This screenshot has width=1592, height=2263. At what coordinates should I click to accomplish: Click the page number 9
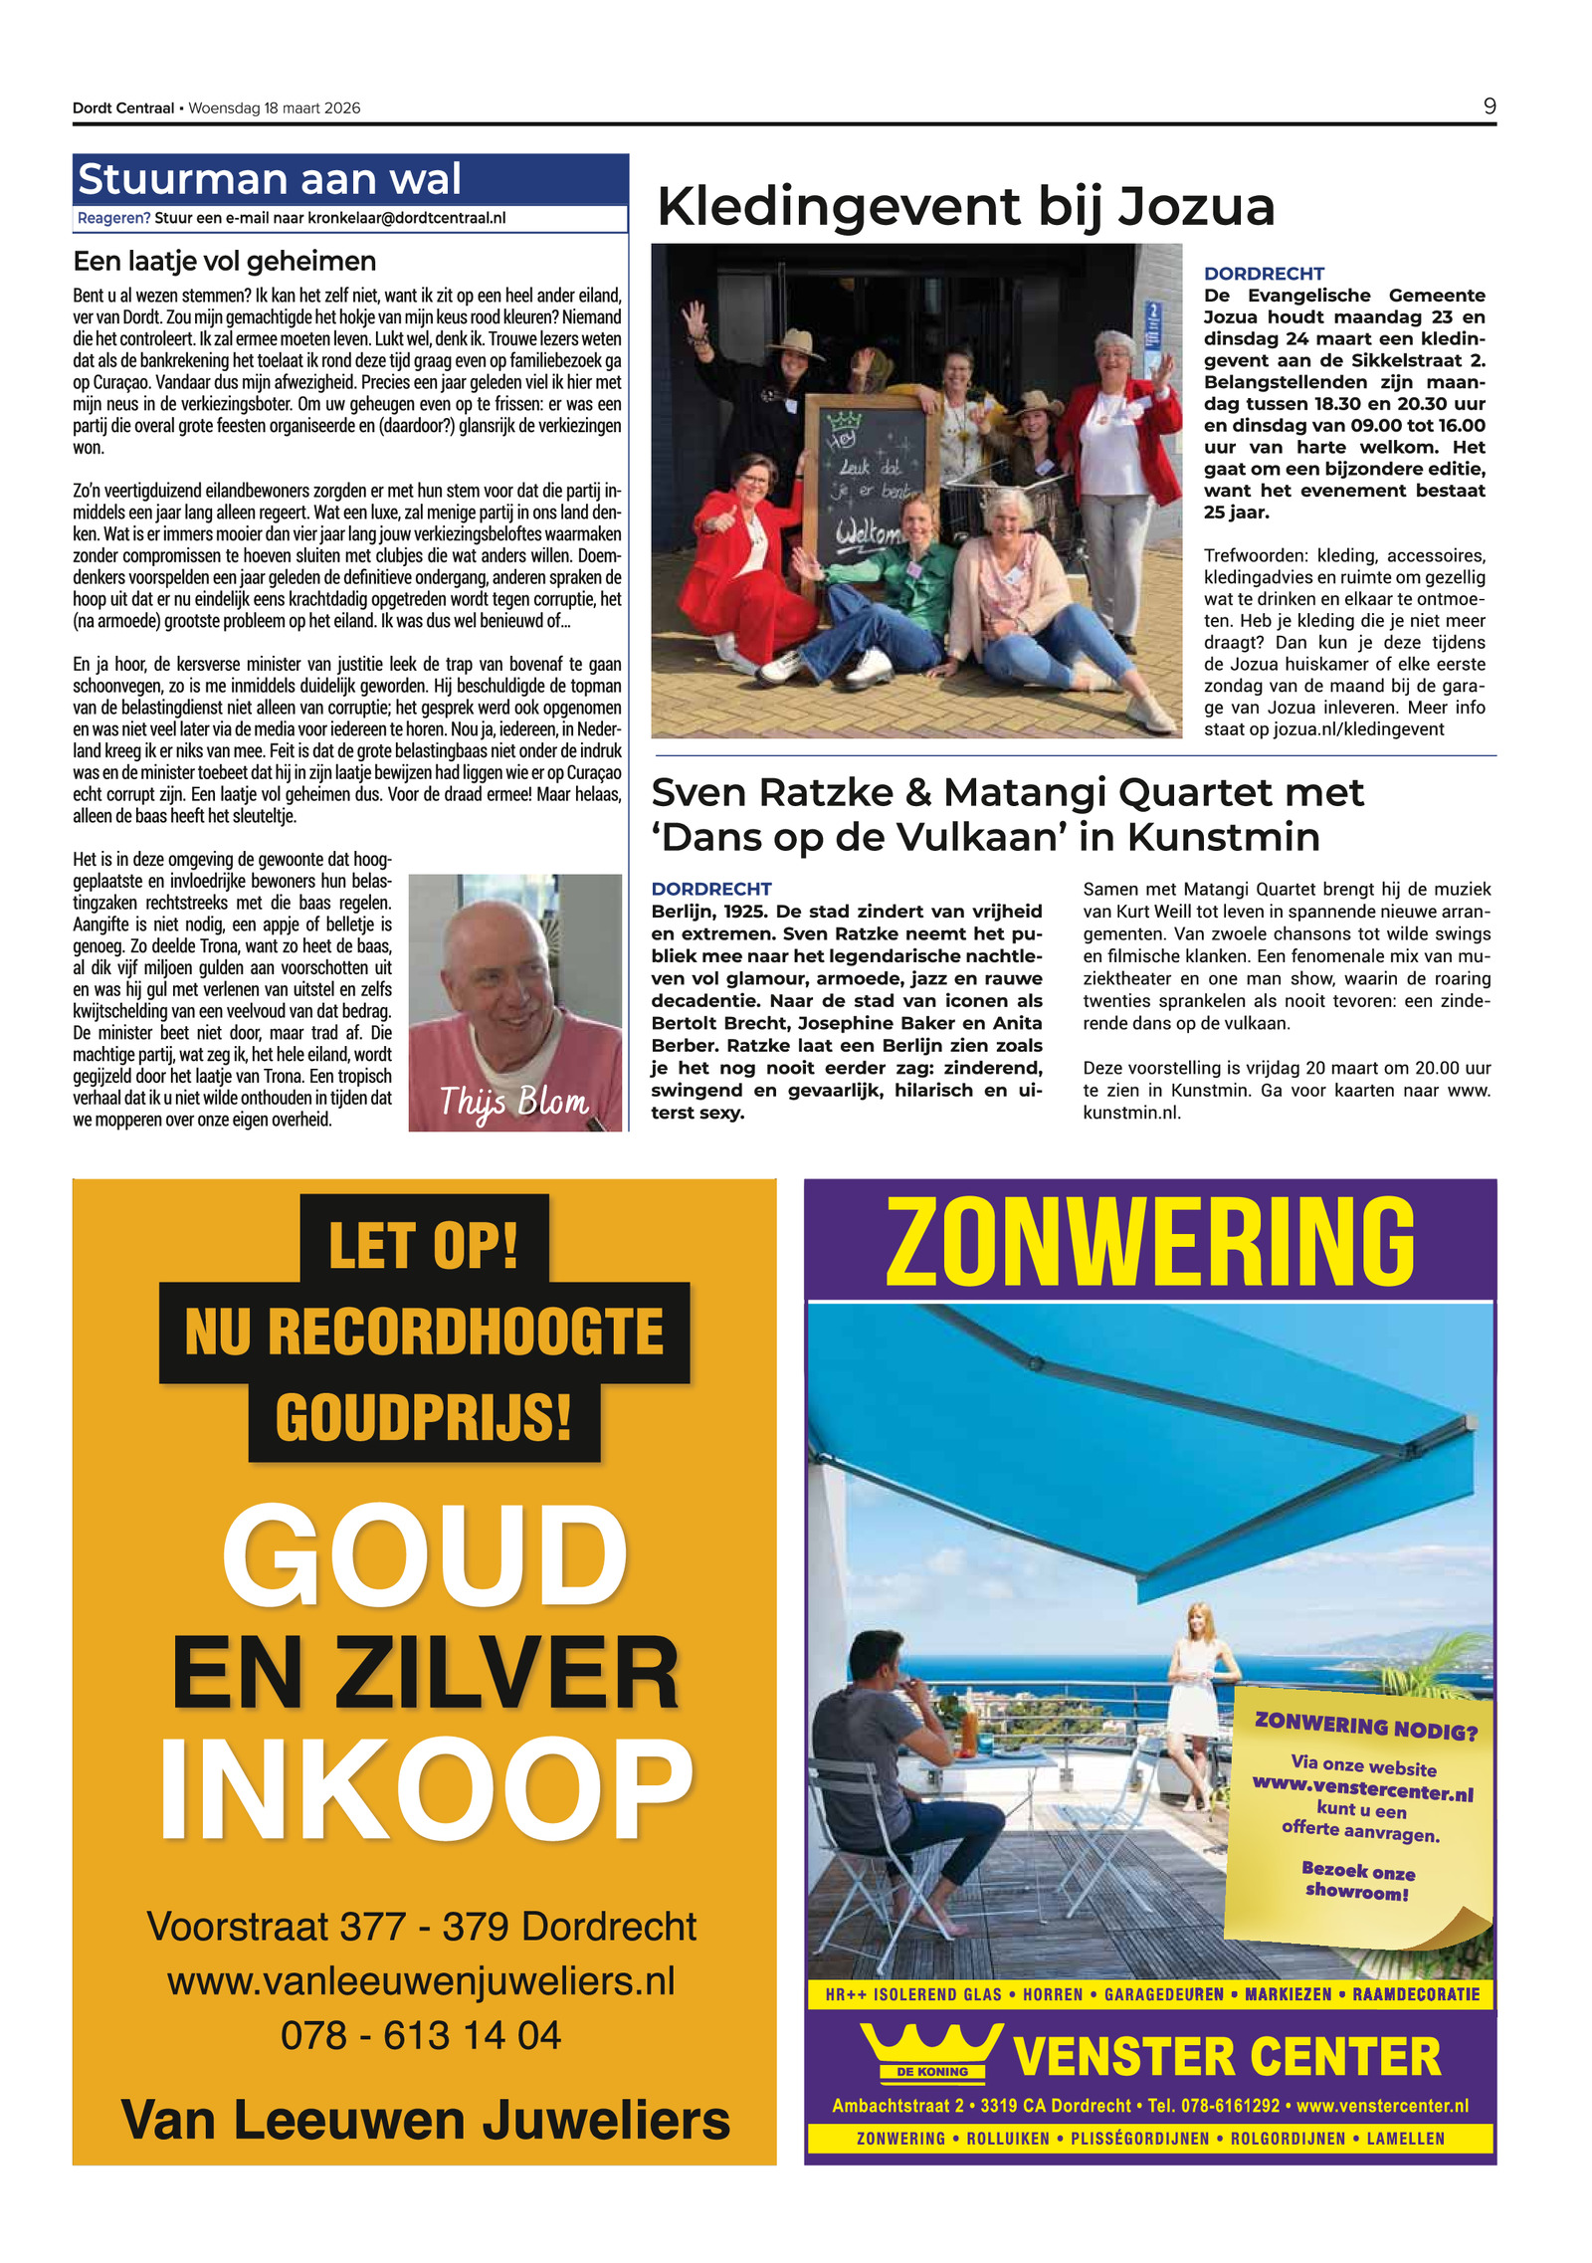pyautogui.click(x=1489, y=106)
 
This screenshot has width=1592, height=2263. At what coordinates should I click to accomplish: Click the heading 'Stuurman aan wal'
pyautogui.click(x=270, y=180)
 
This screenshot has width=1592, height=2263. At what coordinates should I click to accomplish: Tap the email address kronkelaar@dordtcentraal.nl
pyautogui.click(x=406, y=218)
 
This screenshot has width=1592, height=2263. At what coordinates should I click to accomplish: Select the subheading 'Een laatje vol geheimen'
pyautogui.click(x=225, y=261)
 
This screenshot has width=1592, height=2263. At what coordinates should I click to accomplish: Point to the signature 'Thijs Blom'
pyautogui.click(x=514, y=1102)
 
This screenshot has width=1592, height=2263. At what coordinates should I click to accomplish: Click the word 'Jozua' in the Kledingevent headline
pyautogui.click(x=1195, y=207)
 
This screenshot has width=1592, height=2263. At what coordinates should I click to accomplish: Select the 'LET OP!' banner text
pyautogui.click(x=424, y=1244)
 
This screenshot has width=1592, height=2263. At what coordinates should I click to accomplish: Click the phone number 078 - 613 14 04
pyautogui.click(x=421, y=2035)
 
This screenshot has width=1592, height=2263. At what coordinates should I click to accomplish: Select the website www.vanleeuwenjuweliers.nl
pyautogui.click(x=421, y=1980)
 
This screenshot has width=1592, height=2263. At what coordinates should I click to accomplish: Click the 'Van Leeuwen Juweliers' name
pyautogui.click(x=425, y=2119)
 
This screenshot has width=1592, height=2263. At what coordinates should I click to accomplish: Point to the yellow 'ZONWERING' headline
pyautogui.click(x=1149, y=1241)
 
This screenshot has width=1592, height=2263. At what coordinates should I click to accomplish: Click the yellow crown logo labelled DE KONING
pyautogui.click(x=931, y=2055)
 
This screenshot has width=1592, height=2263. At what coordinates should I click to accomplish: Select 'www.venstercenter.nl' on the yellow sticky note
pyautogui.click(x=1362, y=1787)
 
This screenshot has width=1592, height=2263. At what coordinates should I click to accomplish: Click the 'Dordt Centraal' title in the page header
pyautogui.click(x=123, y=107)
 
